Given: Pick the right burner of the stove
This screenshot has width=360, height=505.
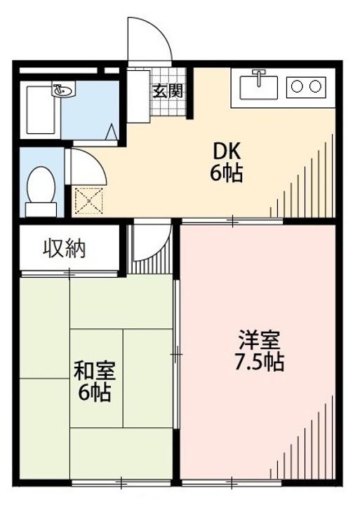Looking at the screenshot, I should point(316,86).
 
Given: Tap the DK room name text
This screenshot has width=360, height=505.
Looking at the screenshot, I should point(227,151).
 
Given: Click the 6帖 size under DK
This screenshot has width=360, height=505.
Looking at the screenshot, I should point(227,173).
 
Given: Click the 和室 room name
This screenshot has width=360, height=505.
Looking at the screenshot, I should point(95,370).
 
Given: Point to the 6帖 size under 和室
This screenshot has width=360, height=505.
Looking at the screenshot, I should point(95,393).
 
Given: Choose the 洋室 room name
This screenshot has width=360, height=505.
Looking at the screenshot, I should point(259,342).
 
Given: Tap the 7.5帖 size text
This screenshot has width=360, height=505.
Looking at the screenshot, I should point(260,363).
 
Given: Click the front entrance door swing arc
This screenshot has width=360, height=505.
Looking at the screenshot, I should point(149,39).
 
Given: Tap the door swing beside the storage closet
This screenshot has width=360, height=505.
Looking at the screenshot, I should point(152,242).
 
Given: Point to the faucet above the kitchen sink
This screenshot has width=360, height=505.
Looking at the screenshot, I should point(260,76).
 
